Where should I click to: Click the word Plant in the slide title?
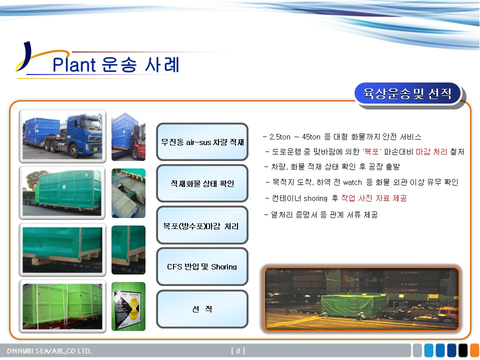point(74,64)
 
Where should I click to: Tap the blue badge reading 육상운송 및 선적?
point(407,93)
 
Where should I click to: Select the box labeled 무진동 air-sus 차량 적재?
point(202,141)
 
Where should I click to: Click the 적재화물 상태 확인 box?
point(202,183)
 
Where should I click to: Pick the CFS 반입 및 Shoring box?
point(202,266)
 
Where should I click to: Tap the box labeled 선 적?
point(202,309)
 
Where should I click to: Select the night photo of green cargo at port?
point(361,299)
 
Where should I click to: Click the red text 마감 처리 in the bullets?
point(431,152)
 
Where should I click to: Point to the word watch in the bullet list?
point(352,182)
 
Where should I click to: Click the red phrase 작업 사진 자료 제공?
point(374,198)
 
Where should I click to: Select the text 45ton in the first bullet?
point(311,137)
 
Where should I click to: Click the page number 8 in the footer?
point(238,351)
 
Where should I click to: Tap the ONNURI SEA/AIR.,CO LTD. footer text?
point(49,351)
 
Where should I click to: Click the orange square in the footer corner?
point(475,350)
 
